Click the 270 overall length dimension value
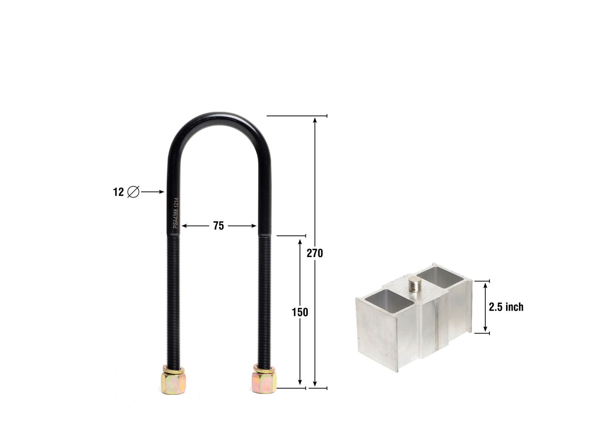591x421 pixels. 315,253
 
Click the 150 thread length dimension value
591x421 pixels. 300,312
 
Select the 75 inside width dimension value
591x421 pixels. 218,226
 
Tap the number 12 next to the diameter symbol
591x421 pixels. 118,192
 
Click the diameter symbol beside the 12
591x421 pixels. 133,192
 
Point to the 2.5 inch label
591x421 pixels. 506,307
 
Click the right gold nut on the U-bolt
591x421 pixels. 264,383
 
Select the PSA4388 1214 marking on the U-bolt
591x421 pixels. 176,213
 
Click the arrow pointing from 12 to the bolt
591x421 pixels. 152,192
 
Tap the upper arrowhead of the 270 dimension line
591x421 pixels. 315,120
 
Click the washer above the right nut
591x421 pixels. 264,369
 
